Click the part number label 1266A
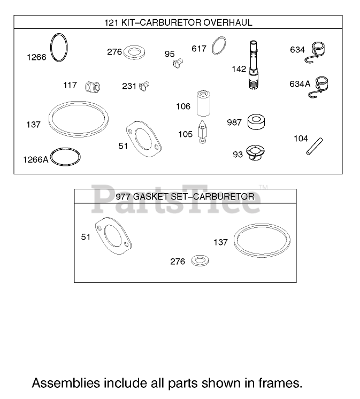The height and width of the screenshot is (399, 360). (36, 160)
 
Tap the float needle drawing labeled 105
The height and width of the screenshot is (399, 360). (203, 132)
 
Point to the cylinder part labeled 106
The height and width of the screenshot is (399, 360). (203, 103)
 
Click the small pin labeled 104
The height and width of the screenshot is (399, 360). (315, 146)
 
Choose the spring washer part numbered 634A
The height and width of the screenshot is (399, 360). (319, 87)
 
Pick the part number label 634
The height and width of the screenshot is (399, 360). (297, 50)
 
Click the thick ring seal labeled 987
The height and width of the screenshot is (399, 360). (256, 122)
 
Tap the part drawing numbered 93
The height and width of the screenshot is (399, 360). (255, 152)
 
